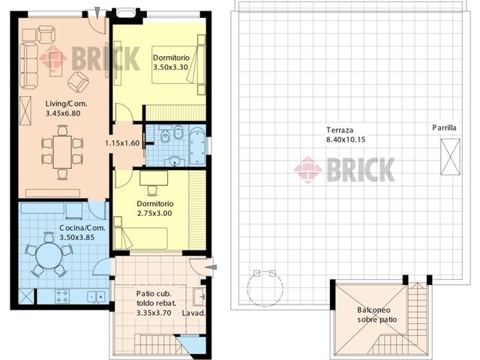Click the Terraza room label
click(340, 130)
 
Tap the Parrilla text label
click(444, 127)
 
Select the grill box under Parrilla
click(450, 157)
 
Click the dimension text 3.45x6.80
click(63, 113)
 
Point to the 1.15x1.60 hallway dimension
click(122, 143)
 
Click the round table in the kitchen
click(49, 256)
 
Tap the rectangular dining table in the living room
click(62, 151)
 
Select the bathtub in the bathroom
click(197, 146)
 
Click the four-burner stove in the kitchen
click(62, 295)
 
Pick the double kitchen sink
click(97, 296)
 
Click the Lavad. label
click(193, 313)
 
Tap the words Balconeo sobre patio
click(376, 315)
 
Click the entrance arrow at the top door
click(97, 13)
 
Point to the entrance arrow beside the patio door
click(211, 267)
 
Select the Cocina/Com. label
click(82, 228)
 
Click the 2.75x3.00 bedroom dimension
click(154, 213)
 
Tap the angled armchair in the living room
click(78, 82)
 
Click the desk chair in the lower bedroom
click(152, 190)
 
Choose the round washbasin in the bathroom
click(175, 161)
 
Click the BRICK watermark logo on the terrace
click(344, 169)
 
